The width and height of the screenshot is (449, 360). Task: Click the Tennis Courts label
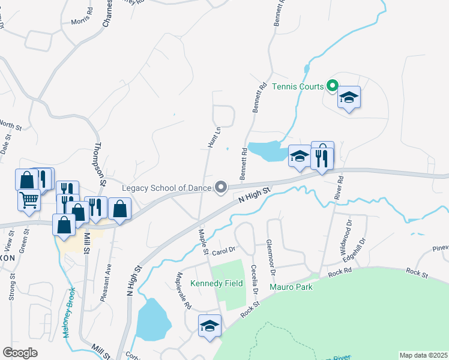[298, 86]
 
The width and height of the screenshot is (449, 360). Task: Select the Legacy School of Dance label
[166, 188]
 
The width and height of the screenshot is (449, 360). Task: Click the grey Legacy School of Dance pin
[221, 188]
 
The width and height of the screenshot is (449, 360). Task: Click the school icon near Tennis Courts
[349, 98]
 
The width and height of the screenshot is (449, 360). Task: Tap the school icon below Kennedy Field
[209, 326]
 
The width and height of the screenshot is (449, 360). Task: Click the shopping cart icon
[28, 200]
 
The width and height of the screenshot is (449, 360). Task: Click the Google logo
[20, 353]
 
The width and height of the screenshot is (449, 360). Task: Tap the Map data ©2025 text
[423, 355]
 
